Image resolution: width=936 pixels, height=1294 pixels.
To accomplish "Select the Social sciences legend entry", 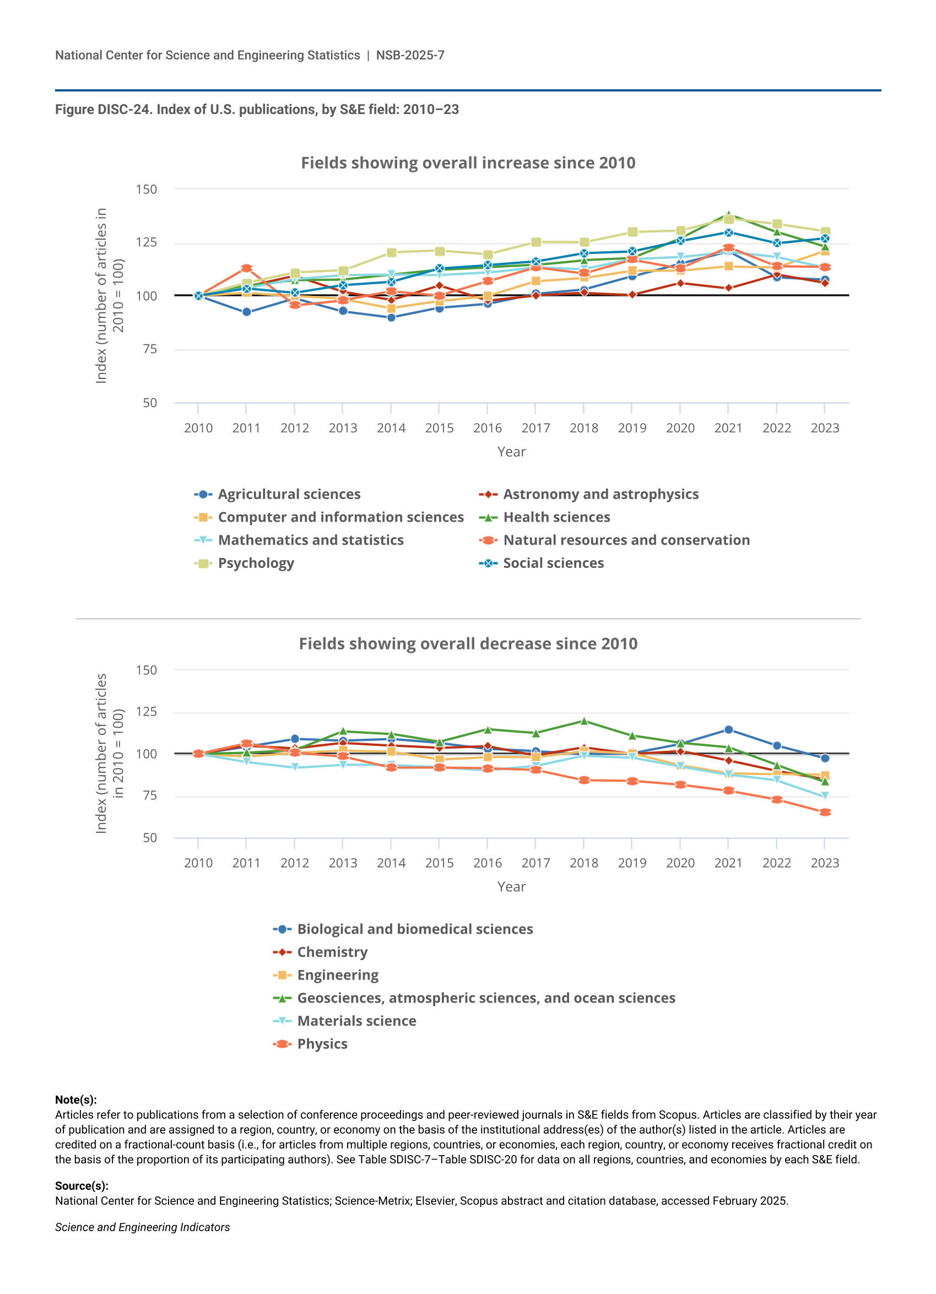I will tap(553, 563).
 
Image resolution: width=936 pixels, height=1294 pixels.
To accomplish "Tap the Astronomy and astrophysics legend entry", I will tap(600, 494).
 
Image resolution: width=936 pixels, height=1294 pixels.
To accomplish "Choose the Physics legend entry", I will tap(322, 1044).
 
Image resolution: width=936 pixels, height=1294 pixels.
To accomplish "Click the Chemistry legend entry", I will tap(332, 952).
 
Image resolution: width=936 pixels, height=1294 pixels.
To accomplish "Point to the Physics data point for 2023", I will tap(825, 813).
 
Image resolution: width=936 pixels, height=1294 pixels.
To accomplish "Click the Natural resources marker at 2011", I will tap(247, 268).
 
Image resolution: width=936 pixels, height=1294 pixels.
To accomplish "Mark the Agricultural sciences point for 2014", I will tap(391, 318).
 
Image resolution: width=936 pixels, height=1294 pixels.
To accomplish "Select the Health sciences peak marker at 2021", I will tap(728, 216).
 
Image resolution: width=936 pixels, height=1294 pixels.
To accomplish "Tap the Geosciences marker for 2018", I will tap(584, 721).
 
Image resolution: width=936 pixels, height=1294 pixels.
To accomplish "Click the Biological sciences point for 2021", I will tap(728, 730).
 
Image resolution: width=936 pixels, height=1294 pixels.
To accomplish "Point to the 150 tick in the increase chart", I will tap(146, 190).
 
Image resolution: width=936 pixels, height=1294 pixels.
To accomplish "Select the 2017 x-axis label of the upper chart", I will tap(535, 428).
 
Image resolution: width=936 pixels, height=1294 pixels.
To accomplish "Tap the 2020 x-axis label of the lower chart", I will tap(680, 863).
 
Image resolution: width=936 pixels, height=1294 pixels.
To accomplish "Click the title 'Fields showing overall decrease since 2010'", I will tap(468, 643).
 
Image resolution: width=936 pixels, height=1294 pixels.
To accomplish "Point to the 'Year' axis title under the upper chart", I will tap(511, 452).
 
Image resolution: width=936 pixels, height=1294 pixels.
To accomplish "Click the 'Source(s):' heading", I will tap(82, 1185).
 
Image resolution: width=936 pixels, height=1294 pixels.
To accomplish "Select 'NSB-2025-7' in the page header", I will tap(410, 55).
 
